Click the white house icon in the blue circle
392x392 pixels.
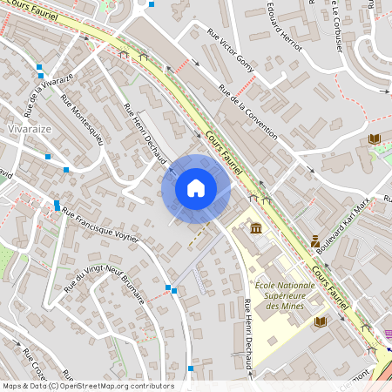(x=196, y=188)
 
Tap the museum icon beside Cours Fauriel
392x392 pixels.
(x=255, y=228)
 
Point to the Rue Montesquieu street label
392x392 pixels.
(x=83, y=120)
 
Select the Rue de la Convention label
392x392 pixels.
(x=248, y=112)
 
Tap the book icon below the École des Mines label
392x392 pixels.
(x=321, y=322)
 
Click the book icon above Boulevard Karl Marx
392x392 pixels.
(x=375, y=139)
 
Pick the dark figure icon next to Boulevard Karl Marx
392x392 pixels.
(x=315, y=241)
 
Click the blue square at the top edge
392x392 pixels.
(x=152, y=4)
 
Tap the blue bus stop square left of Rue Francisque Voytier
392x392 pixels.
(x=57, y=206)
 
